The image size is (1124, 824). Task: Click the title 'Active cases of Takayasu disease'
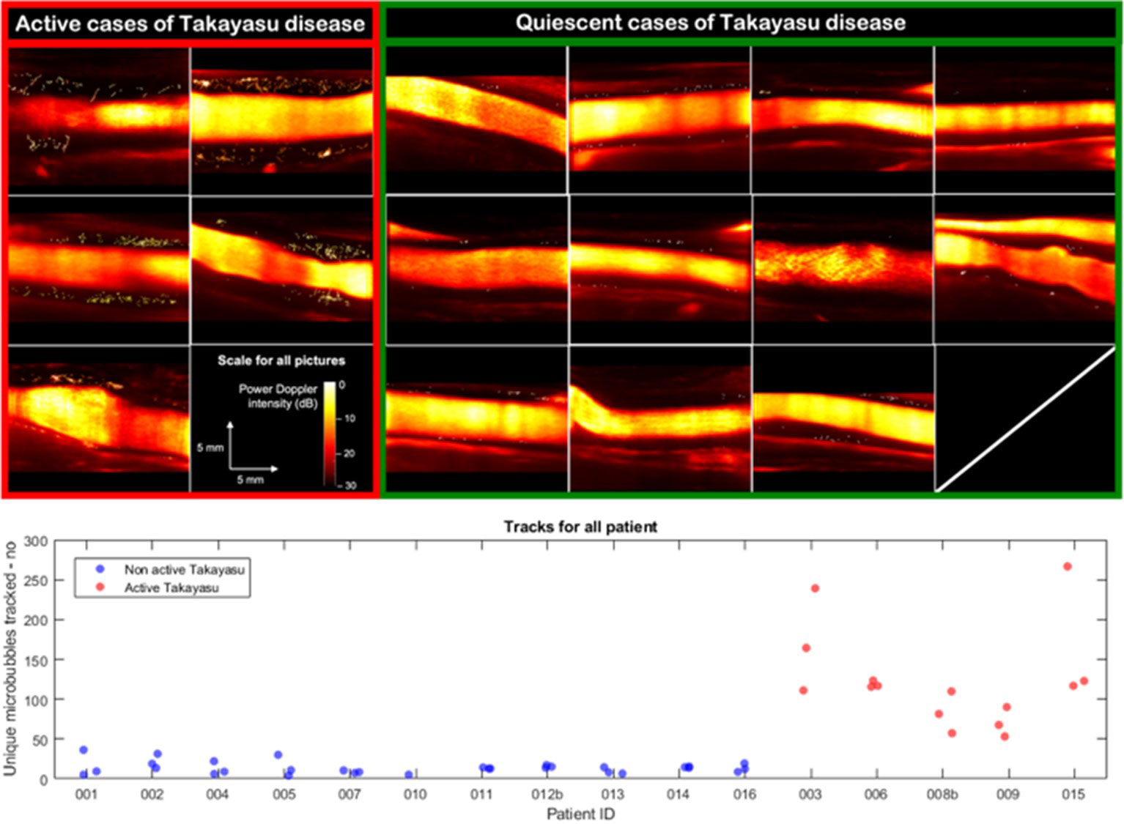click(190, 24)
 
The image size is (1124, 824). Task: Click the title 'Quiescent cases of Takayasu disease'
click(710, 23)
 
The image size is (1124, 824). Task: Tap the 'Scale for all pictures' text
click(281, 360)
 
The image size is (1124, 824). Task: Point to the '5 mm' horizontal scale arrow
click(254, 469)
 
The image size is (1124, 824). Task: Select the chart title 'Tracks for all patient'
click(580, 527)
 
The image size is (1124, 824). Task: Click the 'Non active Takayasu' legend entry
click(183, 569)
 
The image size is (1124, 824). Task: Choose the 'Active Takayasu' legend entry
click(171, 587)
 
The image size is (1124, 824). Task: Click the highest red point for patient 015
click(1068, 566)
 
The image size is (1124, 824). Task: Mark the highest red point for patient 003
click(815, 588)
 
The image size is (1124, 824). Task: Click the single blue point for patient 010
click(409, 774)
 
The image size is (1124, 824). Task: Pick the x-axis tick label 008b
click(942, 795)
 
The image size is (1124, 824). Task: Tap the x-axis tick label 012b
click(547, 795)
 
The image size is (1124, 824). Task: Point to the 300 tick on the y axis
click(36, 541)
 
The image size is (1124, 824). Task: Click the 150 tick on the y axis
click(36, 661)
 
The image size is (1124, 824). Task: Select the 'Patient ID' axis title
click(580, 814)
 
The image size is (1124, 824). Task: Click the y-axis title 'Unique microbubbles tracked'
click(10, 659)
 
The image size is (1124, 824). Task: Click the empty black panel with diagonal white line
click(1025, 418)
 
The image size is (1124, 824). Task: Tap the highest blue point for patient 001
click(84, 750)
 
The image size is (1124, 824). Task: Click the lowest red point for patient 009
click(1005, 736)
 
